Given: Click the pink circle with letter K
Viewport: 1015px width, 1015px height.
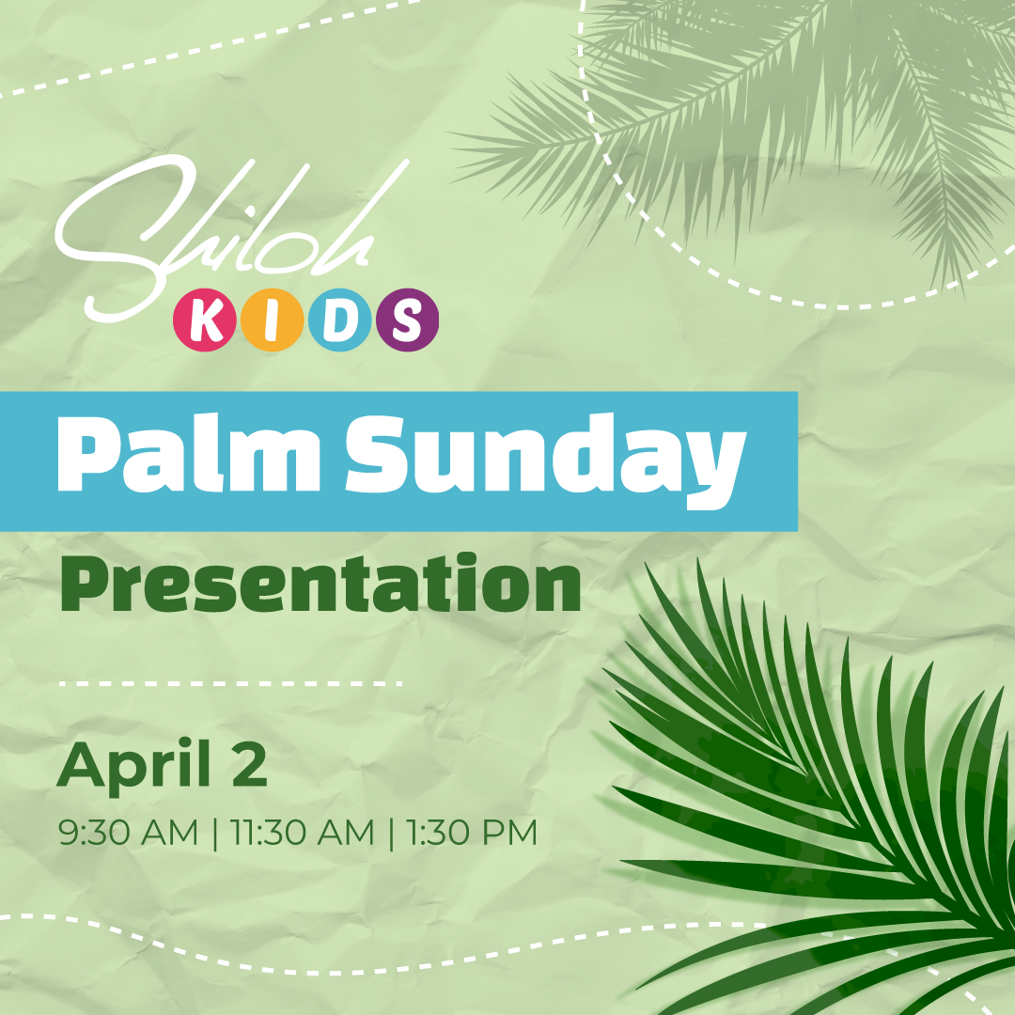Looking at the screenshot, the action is click(x=205, y=320).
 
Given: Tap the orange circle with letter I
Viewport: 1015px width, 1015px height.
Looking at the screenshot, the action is click(x=273, y=320).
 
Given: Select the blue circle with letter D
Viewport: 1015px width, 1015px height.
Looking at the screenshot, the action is click(x=340, y=320).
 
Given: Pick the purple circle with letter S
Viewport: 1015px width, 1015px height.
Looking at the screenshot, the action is click(x=407, y=320).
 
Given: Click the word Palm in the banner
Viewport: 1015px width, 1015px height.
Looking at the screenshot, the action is click(x=189, y=454).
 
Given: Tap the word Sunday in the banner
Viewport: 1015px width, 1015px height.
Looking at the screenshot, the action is click(x=545, y=461).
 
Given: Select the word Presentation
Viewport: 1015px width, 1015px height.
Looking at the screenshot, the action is click(x=320, y=584).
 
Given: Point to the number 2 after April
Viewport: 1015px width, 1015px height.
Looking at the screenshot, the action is click(x=246, y=764).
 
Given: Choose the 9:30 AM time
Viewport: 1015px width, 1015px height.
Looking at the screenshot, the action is click(x=128, y=833).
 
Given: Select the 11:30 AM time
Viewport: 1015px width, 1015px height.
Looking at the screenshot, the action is click(x=303, y=833).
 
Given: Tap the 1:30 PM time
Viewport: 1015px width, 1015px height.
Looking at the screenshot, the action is click(x=472, y=833).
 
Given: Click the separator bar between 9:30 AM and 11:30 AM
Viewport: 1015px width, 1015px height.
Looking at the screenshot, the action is click(x=215, y=834).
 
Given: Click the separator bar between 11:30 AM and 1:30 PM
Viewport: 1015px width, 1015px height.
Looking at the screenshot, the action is click(x=391, y=834).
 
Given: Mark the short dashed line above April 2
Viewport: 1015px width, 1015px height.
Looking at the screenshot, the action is click(x=230, y=683).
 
